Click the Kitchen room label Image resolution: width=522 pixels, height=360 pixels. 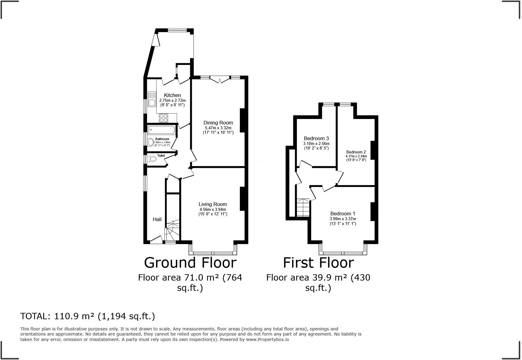pos(172,95)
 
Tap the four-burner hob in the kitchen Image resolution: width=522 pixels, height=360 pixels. pos(163,118)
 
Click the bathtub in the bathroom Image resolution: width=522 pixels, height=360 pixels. pos(161,130)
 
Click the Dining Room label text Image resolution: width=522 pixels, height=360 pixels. pos(218,123)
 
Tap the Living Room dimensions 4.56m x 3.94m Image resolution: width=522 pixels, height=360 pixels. pos(212,209)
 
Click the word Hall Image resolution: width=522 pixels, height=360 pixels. pos(157,220)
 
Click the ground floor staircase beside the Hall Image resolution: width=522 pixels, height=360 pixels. pos(172,231)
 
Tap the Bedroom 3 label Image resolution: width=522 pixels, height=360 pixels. pos(316,138)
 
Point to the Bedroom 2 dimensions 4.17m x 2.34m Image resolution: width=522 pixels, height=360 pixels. pos(356,156)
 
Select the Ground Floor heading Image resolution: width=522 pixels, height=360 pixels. pos(190,262)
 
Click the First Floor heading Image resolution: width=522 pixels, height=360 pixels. pos(318,262)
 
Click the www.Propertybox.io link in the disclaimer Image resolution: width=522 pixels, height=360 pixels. pos(267,339)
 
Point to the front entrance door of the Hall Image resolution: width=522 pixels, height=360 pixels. pos(156,240)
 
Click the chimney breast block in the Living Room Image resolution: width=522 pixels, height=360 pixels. pos(242,199)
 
